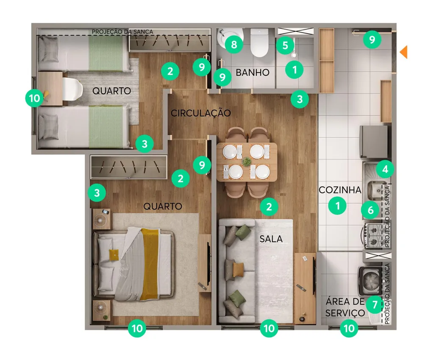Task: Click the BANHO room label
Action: tap(253, 73)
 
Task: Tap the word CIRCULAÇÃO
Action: tap(200, 113)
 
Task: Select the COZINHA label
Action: tap(340, 190)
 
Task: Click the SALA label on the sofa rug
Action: tap(271, 239)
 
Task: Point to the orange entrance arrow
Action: tap(404, 52)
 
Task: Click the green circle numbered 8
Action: tap(234, 44)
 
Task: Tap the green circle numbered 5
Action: tap(285, 45)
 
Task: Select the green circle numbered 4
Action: tap(385, 169)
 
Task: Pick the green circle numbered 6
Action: tap(370, 210)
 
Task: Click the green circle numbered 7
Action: tap(375, 304)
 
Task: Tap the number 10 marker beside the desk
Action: tap(34, 98)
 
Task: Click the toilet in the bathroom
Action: tap(259, 43)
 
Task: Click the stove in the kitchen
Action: tap(372, 236)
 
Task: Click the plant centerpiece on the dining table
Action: tap(246, 161)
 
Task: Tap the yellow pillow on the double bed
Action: tap(114, 255)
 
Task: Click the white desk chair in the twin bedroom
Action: tap(72, 89)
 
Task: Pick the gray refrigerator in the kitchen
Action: tap(373, 142)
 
